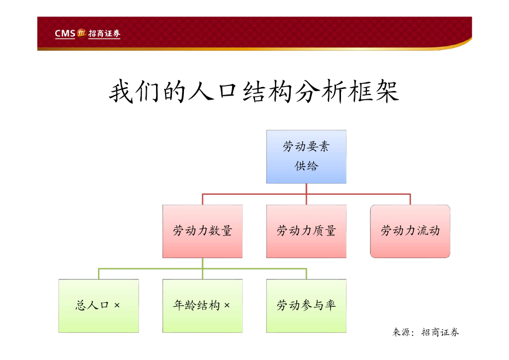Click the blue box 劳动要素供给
[x=306, y=157]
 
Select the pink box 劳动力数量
[x=202, y=231]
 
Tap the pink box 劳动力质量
[x=306, y=231]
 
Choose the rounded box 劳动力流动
[x=410, y=231]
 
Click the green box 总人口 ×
[x=98, y=306]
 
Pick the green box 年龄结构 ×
[x=202, y=306]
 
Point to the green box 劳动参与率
[x=306, y=306]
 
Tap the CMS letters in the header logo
[x=65, y=34]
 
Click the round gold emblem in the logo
[x=82, y=33]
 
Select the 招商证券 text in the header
[x=104, y=34]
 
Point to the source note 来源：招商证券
[x=426, y=333]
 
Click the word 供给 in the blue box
[x=306, y=166]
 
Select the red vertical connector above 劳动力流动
[x=410, y=199]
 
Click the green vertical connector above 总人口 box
[x=98, y=273]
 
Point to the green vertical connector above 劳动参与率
[x=306, y=273]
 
